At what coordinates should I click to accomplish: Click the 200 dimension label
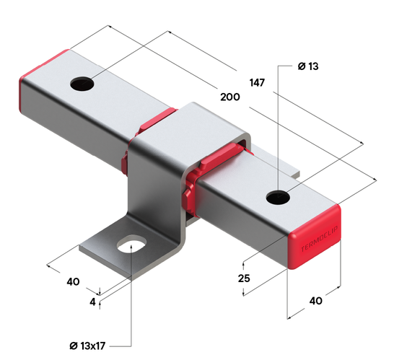pyautogui.click(x=230, y=97)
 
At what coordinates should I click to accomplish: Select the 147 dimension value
pyautogui.click(x=258, y=83)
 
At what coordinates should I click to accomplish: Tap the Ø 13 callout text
pyautogui.click(x=308, y=66)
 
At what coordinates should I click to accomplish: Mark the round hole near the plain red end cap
pyautogui.click(x=83, y=84)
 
